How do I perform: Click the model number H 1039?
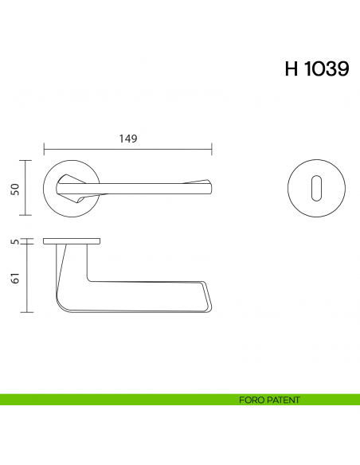316,69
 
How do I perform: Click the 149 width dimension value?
128,139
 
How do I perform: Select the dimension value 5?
14,240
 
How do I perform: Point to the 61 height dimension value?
14,279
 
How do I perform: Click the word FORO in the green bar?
250,400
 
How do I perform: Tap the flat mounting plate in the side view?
72,240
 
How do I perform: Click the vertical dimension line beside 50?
29,188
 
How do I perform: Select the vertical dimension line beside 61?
29,279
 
